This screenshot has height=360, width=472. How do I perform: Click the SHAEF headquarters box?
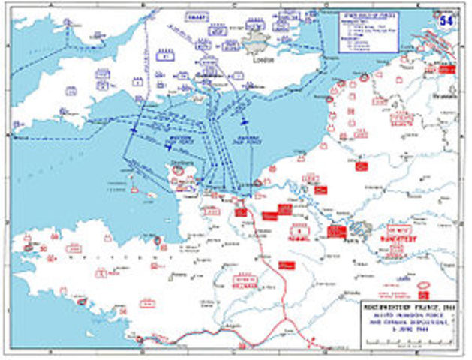click(x=197, y=16)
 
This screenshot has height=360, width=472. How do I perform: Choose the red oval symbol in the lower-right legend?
click(x=425, y=286)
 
